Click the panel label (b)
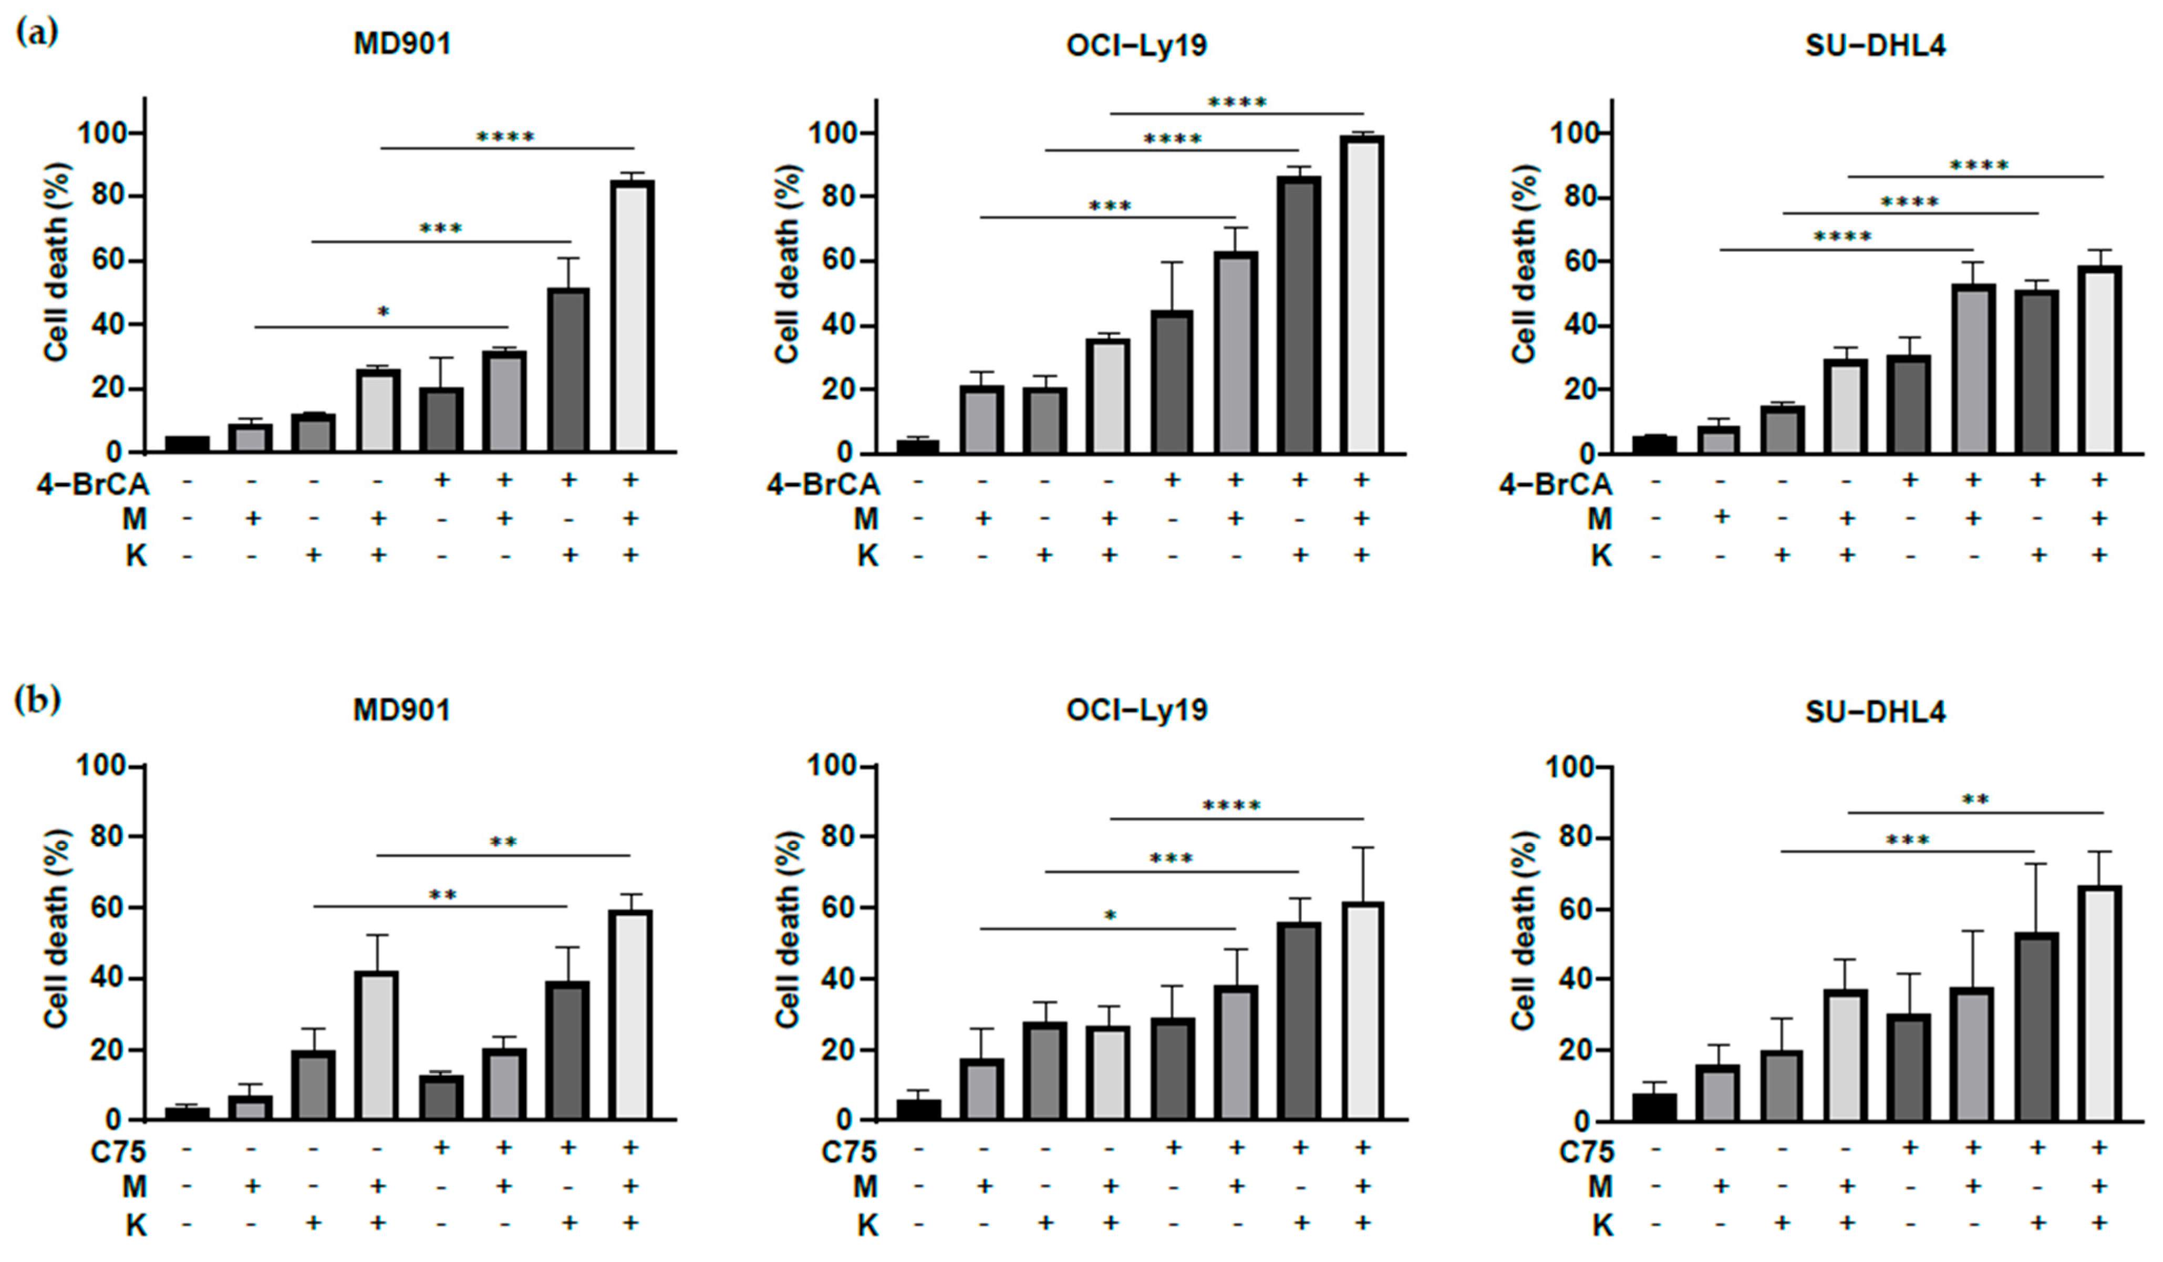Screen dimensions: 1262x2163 click(x=37, y=700)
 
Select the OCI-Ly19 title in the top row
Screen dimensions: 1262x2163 click(x=1136, y=45)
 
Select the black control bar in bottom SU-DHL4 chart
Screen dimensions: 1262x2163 click(x=1654, y=1107)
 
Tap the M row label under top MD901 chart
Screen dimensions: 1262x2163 click(x=134, y=519)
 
